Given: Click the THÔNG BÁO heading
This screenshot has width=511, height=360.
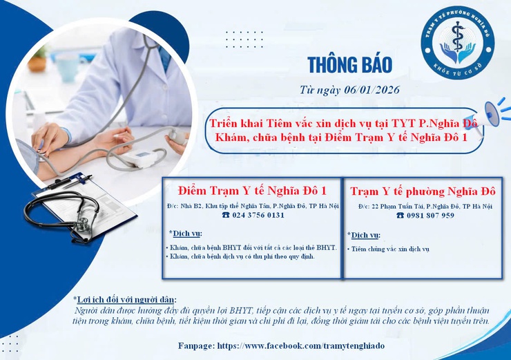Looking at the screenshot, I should click(x=349, y=64).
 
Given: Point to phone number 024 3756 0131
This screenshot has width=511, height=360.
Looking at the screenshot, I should click(x=253, y=215).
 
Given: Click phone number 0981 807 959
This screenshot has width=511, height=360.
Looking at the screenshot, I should click(x=425, y=215).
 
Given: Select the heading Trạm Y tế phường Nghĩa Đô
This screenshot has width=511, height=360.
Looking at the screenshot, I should click(x=423, y=191).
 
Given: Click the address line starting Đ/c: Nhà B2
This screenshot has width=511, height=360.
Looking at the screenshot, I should click(x=252, y=205).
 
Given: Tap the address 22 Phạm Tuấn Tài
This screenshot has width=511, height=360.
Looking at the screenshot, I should click(x=425, y=206).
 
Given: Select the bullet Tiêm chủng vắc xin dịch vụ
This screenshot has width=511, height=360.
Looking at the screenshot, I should click(x=391, y=248).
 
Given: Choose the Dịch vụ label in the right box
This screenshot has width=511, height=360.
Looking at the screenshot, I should click(x=365, y=235).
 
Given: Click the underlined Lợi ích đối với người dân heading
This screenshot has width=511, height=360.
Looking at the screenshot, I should click(x=126, y=299).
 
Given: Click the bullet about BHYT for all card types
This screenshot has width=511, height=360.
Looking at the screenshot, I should click(x=251, y=247).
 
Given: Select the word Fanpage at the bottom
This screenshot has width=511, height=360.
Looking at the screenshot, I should click(x=194, y=345).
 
